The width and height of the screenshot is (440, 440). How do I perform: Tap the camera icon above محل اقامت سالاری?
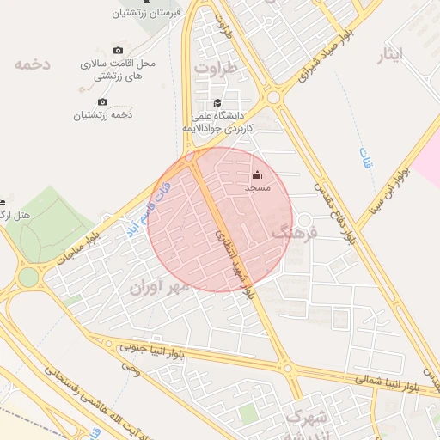118,51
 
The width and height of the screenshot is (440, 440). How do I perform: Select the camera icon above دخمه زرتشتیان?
103,101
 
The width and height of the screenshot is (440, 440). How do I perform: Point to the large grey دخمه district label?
34,64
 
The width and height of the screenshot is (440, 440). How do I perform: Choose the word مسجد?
257,187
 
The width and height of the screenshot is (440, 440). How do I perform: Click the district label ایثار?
391,55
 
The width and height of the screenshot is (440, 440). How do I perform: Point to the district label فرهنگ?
295,232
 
